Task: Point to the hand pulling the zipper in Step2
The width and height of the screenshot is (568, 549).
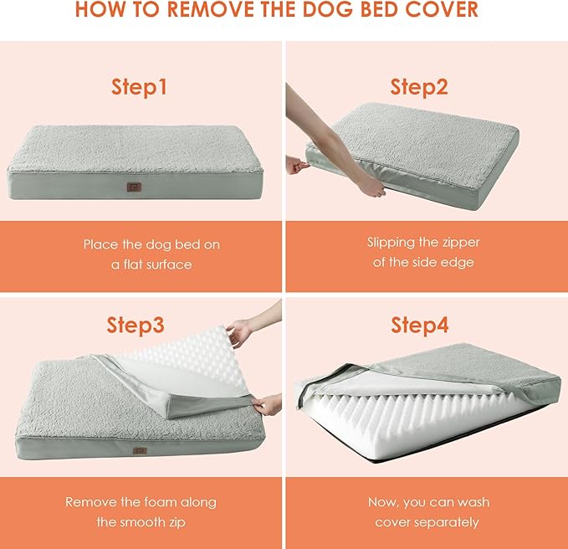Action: point(297,165)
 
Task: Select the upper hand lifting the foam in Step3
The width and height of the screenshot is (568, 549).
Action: point(240,333)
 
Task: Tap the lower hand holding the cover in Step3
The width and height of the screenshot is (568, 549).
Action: point(268,407)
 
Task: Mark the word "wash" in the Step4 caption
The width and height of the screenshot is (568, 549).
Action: point(473,502)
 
